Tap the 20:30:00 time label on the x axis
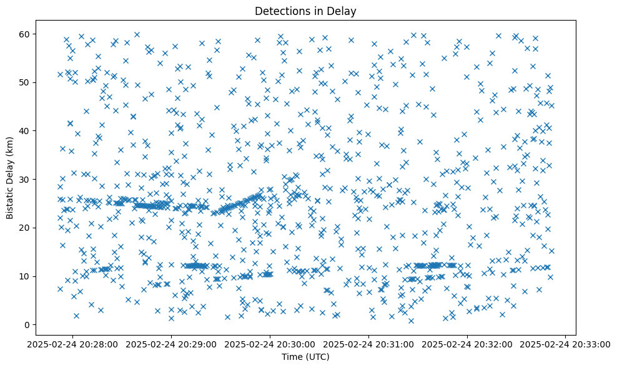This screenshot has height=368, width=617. (x=270, y=344)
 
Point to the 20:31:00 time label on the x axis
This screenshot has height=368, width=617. (x=369, y=344)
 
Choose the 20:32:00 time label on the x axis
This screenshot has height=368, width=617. (x=468, y=344)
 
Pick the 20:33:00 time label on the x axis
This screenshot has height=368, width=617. (x=566, y=344)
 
